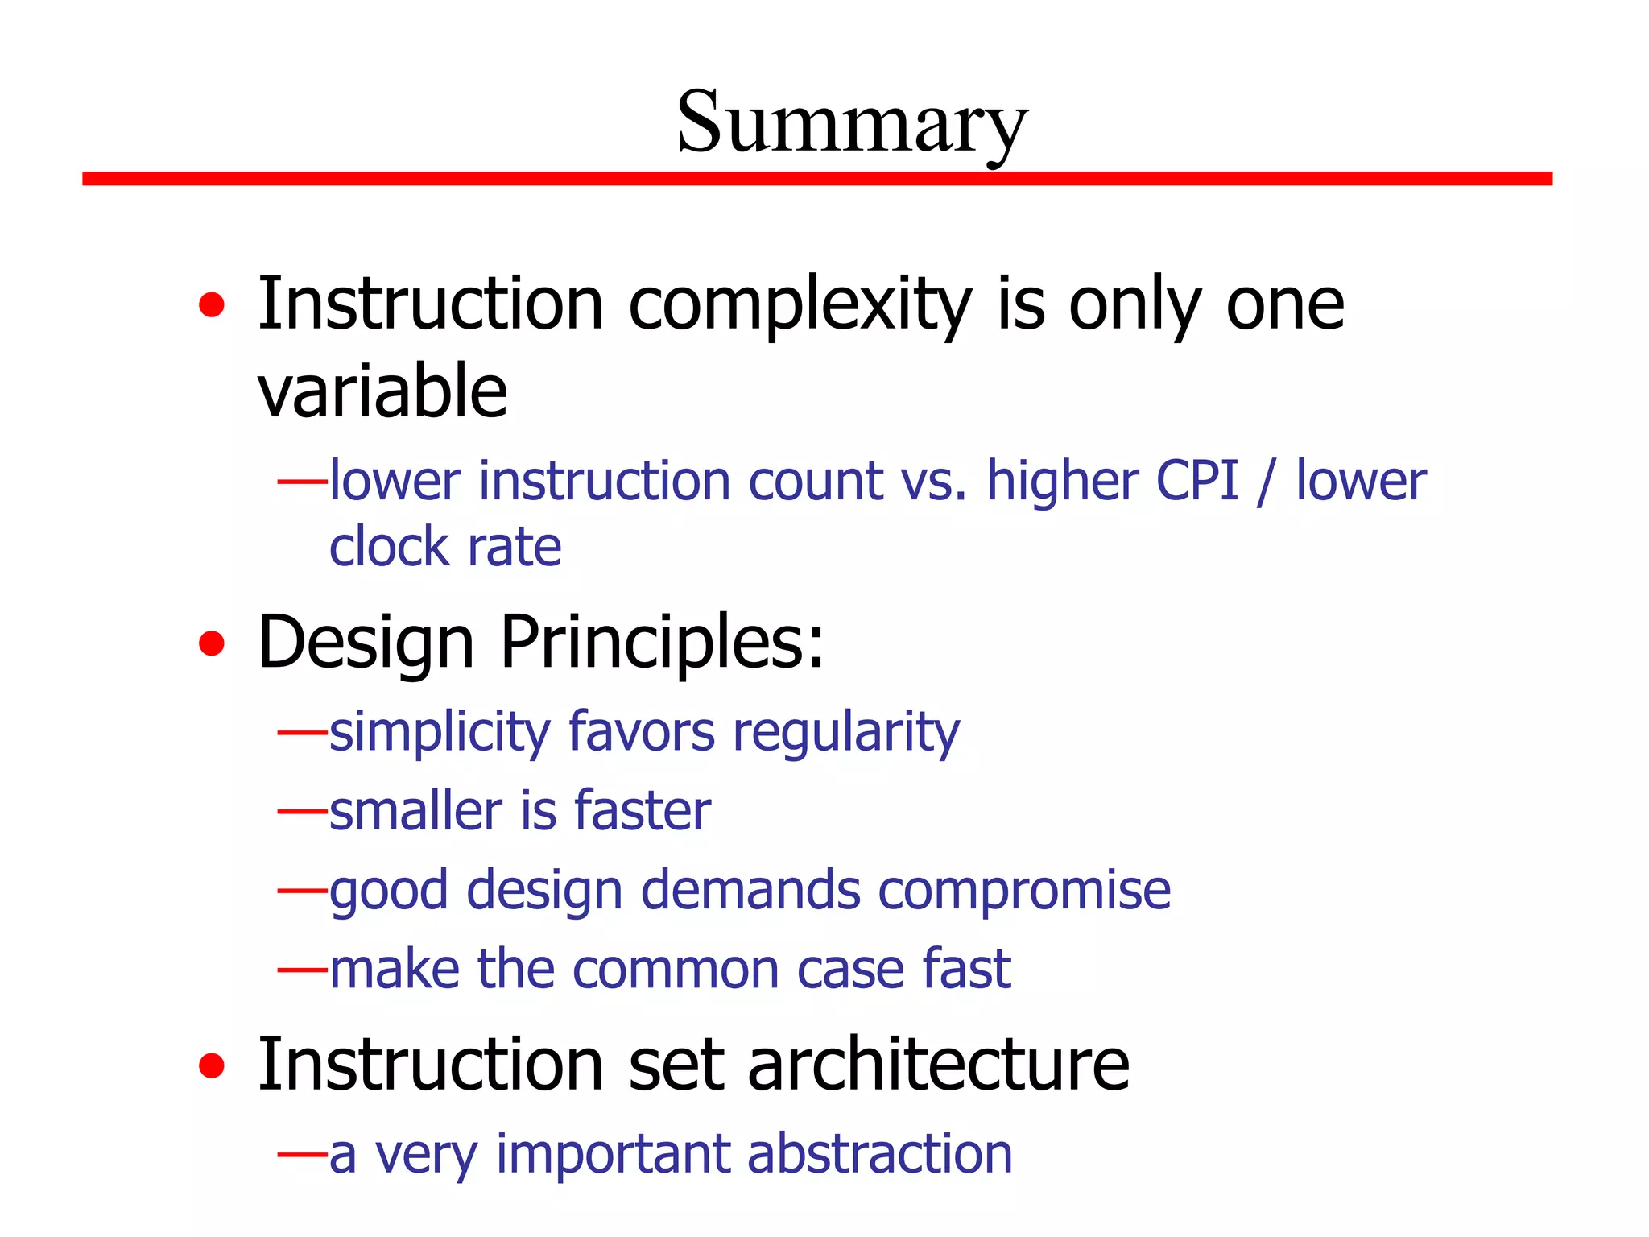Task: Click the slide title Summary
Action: (852, 122)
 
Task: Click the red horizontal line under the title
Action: (816, 179)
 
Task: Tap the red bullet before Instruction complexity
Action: (212, 305)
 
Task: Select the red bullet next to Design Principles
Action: (212, 643)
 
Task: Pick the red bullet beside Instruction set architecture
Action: (212, 1065)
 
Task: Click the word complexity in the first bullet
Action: (800, 306)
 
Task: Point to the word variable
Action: (382, 391)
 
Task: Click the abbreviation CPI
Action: (1196, 481)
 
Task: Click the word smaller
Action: (416, 811)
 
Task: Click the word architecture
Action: (939, 1065)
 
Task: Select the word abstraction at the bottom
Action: (879, 1154)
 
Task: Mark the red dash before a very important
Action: (302, 1154)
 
